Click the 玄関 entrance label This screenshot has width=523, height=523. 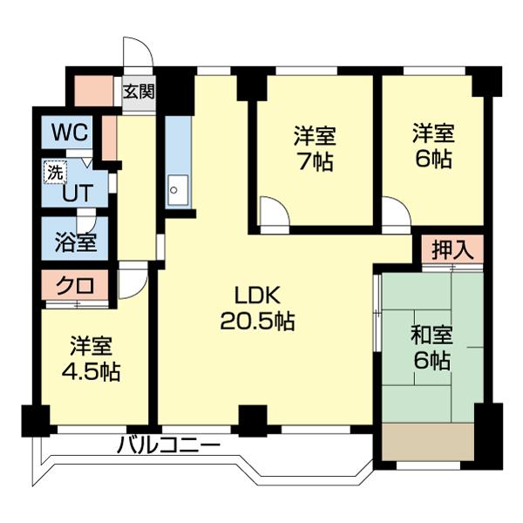click(138, 92)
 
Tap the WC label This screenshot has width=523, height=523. click(68, 133)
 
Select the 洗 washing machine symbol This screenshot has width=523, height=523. click(54, 173)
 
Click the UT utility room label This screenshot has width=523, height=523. click(75, 193)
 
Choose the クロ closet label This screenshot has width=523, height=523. click(75, 285)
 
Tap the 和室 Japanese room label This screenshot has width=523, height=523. click(431, 334)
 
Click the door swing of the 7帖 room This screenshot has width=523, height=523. click(273, 214)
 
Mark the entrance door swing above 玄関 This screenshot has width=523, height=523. click(138, 52)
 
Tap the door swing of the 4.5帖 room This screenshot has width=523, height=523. click(132, 282)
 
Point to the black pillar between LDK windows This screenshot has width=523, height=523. click(253, 420)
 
